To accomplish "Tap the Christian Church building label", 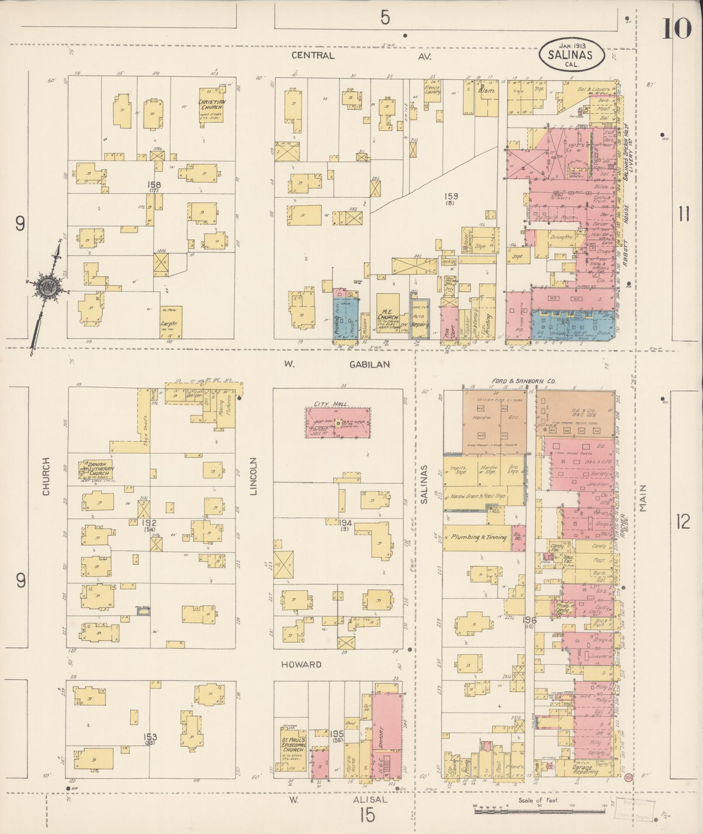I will [211, 104].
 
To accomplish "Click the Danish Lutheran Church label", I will [100, 468].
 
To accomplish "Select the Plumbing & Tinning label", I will [479, 537].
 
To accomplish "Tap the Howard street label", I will [301, 664].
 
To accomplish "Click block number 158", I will [154, 185].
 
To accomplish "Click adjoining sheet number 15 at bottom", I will [367, 814].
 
